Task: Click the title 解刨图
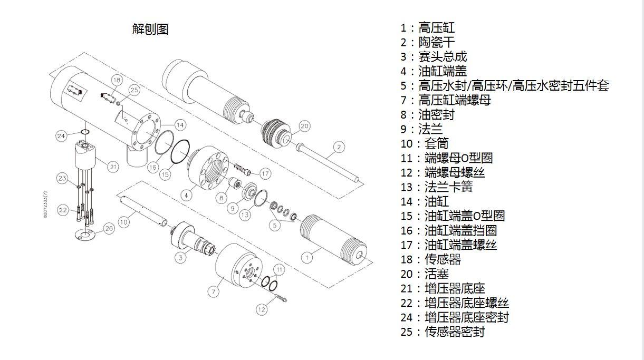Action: [x=150, y=29]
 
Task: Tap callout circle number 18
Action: [x=117, y=80]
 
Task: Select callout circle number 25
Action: [x=134, y=90]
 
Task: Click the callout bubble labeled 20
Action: [x=304, y=126]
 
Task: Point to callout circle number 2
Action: [x=339, y=147]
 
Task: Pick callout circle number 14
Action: [x=180, y=125]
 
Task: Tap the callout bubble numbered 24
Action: [x=61, y=135]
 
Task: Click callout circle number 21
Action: [x=113, y=167]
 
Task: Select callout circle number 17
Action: [x=265, y=173]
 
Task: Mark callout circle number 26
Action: [x=109, y=228]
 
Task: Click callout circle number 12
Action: [x=262, y=309]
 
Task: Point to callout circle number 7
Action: [x=214, y=292]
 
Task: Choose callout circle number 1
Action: [x=307, y=257]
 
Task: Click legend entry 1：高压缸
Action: [x=428, y=28]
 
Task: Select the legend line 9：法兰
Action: [x=421, y=129]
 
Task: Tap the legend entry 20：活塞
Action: [x=425, y=274]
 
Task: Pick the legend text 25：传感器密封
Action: [x=443, y=332]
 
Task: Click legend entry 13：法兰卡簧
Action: [x=437, y=187]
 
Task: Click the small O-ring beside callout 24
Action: [x=85, y=132]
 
